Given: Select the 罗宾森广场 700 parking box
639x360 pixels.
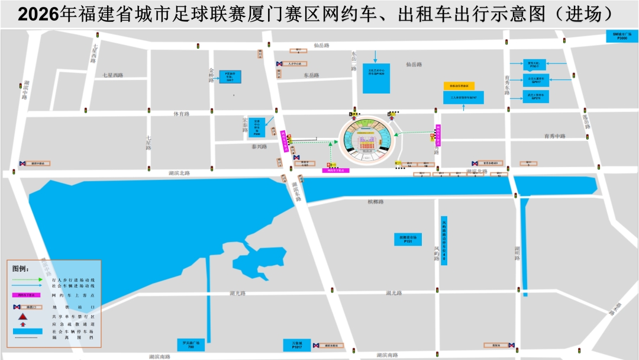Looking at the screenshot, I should point(191,345).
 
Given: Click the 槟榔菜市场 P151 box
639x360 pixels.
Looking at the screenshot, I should point(408,239).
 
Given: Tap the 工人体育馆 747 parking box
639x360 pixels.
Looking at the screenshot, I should point(463,97).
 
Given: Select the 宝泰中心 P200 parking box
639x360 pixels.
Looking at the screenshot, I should point(257,128).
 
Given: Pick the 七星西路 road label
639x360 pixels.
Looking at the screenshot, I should point(112,75).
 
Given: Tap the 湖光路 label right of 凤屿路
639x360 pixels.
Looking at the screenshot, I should point(393,292).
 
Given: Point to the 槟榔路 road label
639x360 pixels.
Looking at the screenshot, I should point(375,202).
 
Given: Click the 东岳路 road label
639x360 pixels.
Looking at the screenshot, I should point(311,75).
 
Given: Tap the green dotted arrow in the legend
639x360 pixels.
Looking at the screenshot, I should point(28,279).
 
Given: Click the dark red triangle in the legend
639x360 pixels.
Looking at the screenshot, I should point(23,317).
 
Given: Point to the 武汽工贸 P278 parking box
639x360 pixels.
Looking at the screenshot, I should point(537,96).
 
